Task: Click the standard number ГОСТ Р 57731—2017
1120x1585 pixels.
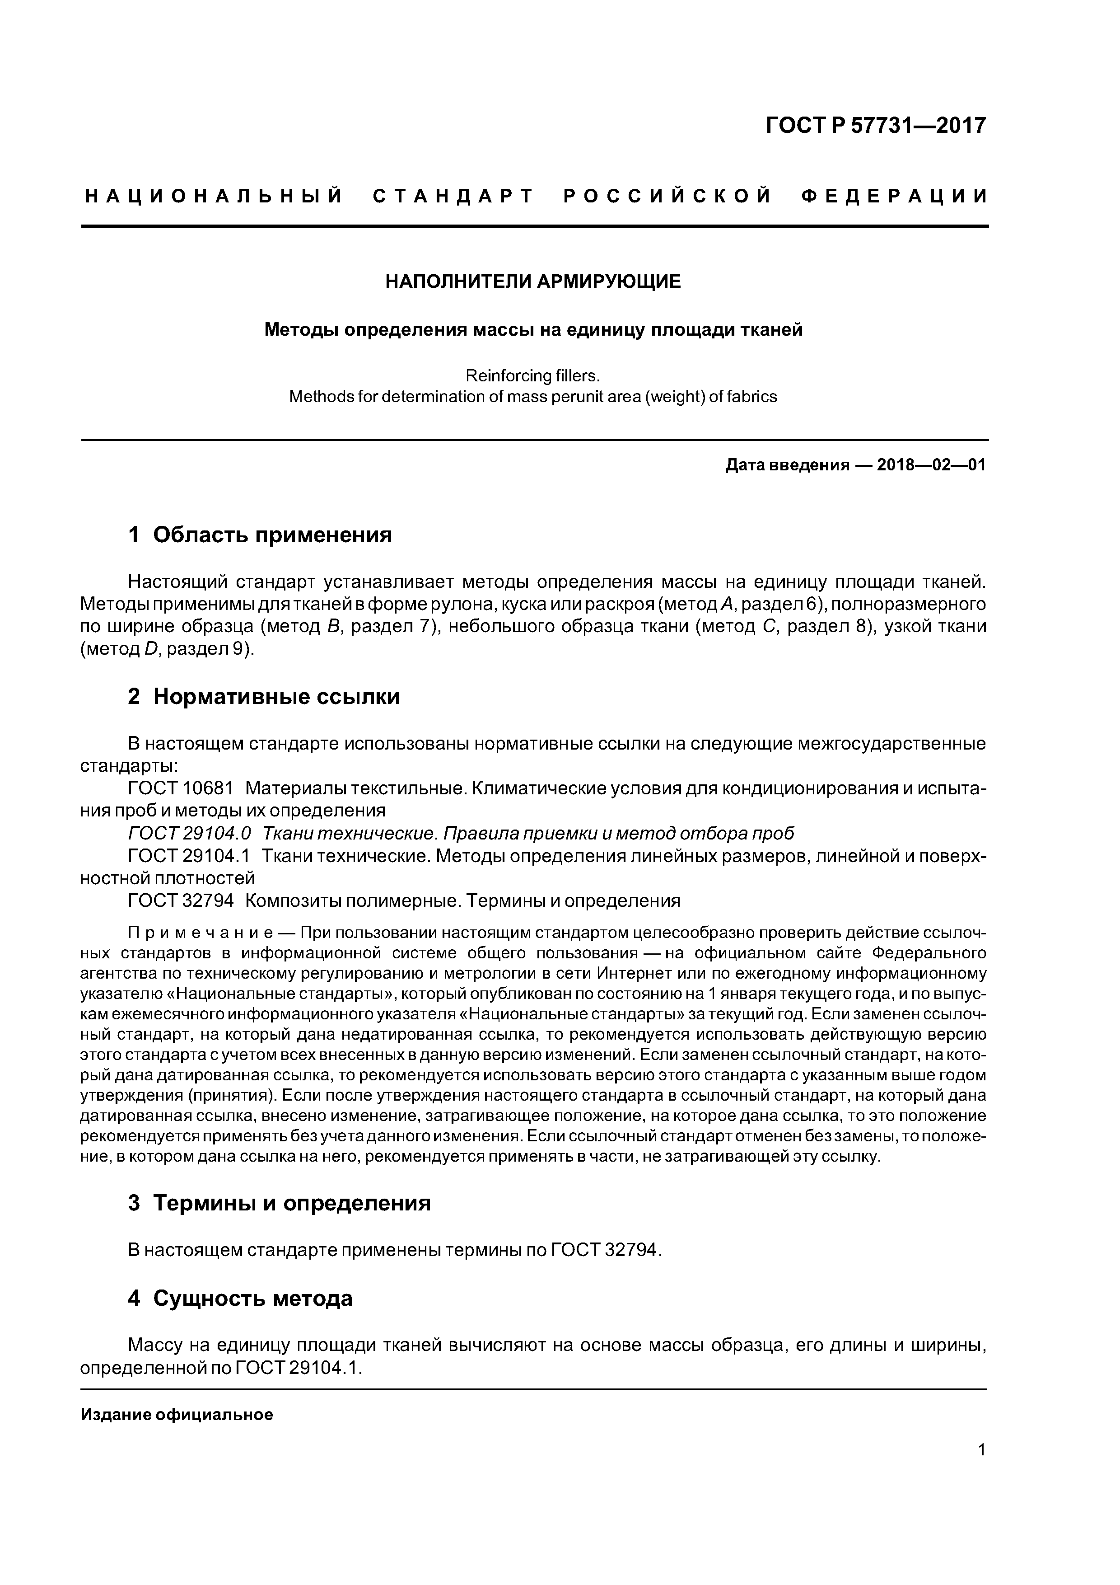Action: (x=876, y=126)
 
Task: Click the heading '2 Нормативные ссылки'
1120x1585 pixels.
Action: (x=264, y=697)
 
